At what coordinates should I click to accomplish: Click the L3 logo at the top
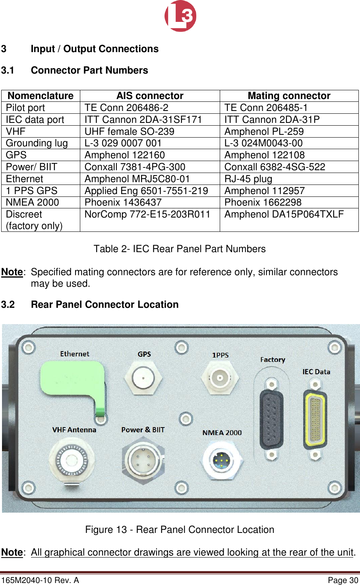click(x=180, y=16)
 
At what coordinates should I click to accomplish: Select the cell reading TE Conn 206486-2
click(x=126, y=108)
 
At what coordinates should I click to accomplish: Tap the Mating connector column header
click(x=289, y=96)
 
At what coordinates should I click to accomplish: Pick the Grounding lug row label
click(x=37, y=143)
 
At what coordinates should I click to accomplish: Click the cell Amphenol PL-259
click(x=264, y=132)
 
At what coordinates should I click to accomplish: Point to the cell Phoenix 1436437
click(x=123, y=202)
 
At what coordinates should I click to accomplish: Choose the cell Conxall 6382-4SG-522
click(x=275, y=167)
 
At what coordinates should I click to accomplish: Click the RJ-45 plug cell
click(x=248, y=179)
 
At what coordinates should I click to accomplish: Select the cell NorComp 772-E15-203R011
click(x=147, y=214)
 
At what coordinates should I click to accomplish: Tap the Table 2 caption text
click(x=180, y=249)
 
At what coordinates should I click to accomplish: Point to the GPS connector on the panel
click(x=143, y=377)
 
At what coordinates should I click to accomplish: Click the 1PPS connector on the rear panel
click(x=220, y=377)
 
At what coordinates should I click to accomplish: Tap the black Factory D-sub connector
click(x=271, y=419)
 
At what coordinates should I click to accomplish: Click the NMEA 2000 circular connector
click(x=221, y=461)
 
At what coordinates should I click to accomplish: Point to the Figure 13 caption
click(x=180, y=530)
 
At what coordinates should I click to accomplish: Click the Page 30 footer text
click(x=343, y=580)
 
